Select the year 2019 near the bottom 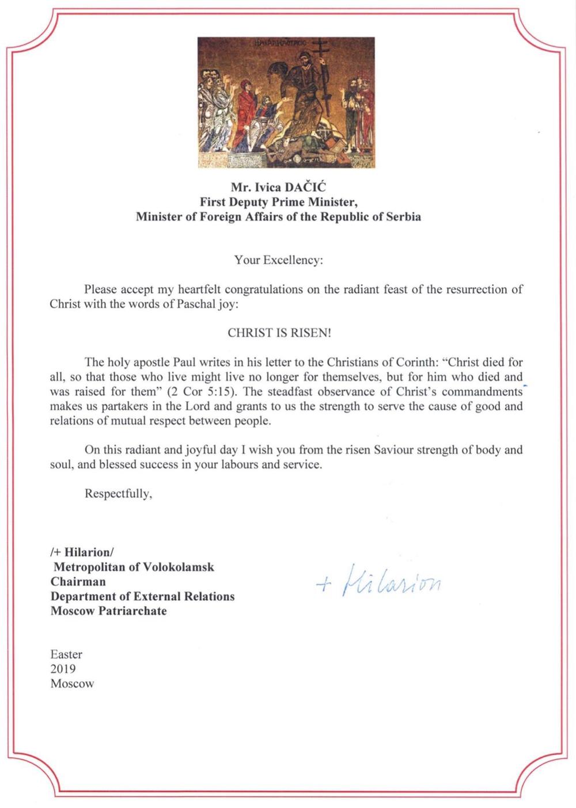(63, 669)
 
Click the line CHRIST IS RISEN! (279, 333)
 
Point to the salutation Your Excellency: (279, 260)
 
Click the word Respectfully (118, 493)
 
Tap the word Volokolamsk (179, 567)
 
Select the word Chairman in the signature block (78, 581)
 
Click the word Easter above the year (66, 654)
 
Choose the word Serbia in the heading (401, 217)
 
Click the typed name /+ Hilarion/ (82, 552)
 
